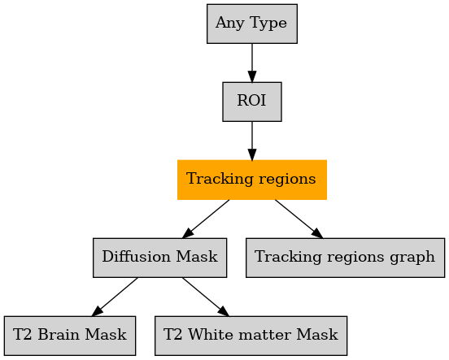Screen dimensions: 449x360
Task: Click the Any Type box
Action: tap(252, 24)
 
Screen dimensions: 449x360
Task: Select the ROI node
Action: tap(252, 102)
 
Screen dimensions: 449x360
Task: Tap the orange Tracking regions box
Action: tap(252, 180)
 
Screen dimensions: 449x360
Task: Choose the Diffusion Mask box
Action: tap(159, 258)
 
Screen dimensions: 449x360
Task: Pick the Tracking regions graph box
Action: tap(345, 258)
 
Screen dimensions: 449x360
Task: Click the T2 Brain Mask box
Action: tap(70, 336)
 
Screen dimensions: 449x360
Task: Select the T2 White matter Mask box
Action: tap(251, 336)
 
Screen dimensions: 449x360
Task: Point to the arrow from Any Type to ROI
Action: tap(252, 63)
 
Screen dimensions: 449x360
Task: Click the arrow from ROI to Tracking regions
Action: tap(252, 141)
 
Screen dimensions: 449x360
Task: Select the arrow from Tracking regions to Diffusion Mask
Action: tap(206, 219)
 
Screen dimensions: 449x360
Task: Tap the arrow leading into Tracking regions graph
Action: tap(299, 219)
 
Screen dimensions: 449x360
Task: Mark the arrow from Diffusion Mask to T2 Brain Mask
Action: tap(115, 297)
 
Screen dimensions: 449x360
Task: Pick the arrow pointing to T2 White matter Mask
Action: tap(206, 297)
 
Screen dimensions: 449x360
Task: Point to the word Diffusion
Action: tap(137, 256)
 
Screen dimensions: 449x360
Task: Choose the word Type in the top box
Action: tap(268, 24)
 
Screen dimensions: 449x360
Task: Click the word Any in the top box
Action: tap(231, 24)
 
